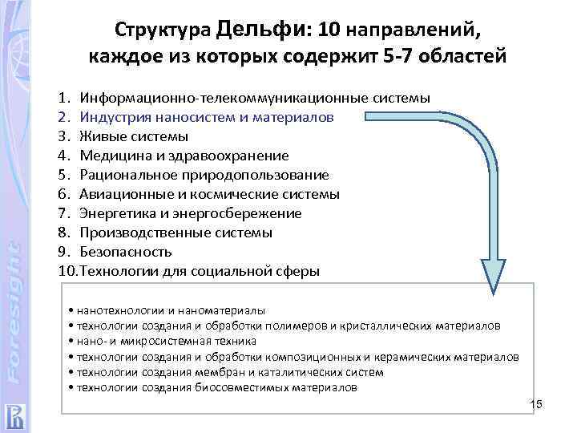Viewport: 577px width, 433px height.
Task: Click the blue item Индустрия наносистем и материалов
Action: tap(218, 117)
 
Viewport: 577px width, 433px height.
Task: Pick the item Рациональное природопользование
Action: tap(204, 175)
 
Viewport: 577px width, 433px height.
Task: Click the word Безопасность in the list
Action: tap(127, 252)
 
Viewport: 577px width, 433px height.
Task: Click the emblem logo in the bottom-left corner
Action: tap(15, 415)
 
